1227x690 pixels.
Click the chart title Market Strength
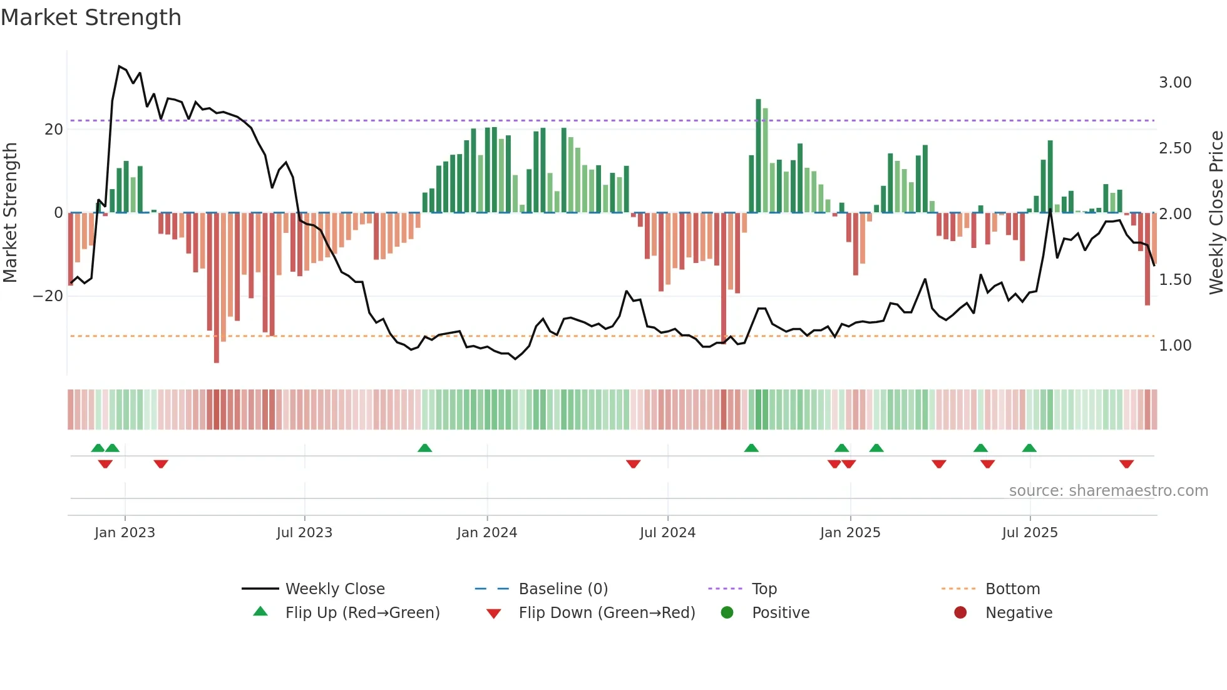click(91, 18)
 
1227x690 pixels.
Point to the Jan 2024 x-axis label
click(486, 533)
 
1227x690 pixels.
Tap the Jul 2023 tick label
click(304, 533)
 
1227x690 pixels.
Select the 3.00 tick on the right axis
click(1174, 83)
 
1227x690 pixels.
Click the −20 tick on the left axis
click(48, 296)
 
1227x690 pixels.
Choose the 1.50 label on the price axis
click(1174, 280)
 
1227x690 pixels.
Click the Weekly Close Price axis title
click(1216, 212)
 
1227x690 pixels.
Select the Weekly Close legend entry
click(334, 589)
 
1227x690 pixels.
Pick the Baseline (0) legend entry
click(563, 589)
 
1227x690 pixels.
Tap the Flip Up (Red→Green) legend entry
click(362, 613)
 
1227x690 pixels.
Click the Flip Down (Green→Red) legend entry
click(606, 613)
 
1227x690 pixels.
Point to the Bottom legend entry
click(1012, 589)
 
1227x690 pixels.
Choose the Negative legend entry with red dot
click(1018, 613)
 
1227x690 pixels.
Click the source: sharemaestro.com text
click(1108, 491)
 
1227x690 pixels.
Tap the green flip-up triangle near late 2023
click(424, 448)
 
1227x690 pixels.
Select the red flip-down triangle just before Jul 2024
click(633, 464)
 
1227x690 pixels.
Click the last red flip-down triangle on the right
click(1126, 464)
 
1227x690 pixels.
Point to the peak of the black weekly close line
click(119, 66)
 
